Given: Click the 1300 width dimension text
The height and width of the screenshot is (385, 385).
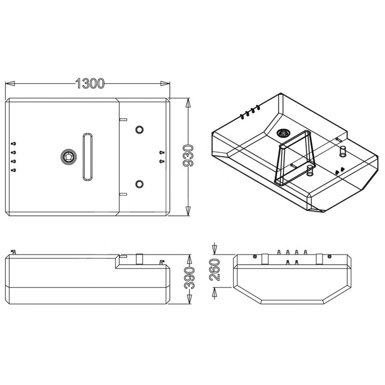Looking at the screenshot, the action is click(x=90, y=83).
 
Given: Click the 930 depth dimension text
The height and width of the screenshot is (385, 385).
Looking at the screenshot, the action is click(x=188, y=156).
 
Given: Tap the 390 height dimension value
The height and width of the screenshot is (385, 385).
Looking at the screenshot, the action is click(x=189, y=278).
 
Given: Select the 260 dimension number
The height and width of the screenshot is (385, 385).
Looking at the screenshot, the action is click(x=215, y=270).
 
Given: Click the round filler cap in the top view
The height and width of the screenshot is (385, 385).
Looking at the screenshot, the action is click(x=68, y=157).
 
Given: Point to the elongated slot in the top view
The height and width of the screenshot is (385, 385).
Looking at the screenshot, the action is click(x=88, y=157).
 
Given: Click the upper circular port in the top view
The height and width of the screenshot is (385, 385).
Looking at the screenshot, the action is click(x=139, y=129).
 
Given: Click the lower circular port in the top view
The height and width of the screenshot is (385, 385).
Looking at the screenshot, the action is click(x=139, y=184).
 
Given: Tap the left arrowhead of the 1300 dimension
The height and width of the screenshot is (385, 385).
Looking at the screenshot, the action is click(x=10, y=83).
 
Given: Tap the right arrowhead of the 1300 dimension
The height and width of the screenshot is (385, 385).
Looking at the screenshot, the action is click(x=165, y=83).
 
